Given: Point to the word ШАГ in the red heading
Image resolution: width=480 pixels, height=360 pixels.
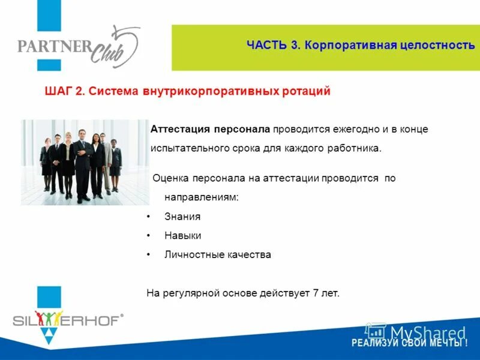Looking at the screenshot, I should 59,91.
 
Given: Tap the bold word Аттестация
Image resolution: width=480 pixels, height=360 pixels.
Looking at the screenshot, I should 180,129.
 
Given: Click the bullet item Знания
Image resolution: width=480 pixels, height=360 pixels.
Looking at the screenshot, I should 182,217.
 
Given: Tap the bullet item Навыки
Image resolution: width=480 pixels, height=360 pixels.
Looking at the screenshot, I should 182,236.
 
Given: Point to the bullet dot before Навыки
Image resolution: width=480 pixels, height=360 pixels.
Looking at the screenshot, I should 148,236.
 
